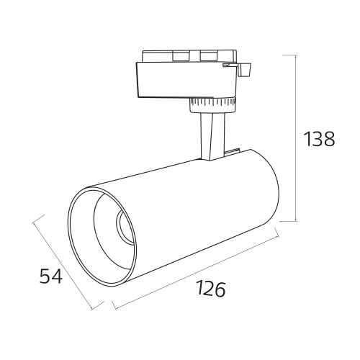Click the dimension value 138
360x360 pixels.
pyautogui.click(x=319, y=139)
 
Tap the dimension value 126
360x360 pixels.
pyautogui.click(x=211, y=289)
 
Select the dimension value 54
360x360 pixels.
pyautogui.click(x=51, y=276)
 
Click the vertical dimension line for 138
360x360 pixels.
pyautogui.click(x=296, y=138)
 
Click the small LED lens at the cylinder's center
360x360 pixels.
pyautogui.click(x=124, y=227)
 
